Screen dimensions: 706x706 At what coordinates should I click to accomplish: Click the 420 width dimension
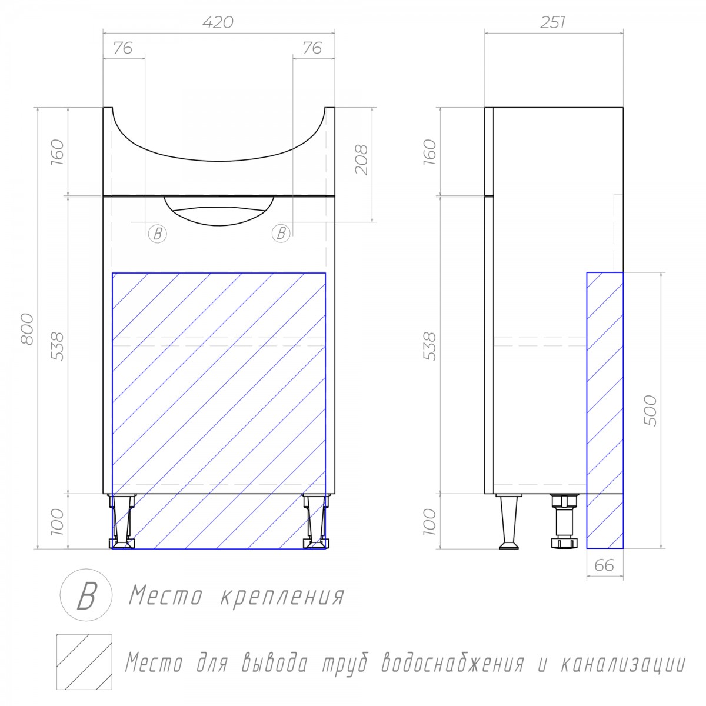(x=218, y=22)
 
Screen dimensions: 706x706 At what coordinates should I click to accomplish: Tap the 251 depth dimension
(x=552, y=22)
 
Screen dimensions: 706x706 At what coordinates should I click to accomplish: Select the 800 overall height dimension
(x=27, y=329)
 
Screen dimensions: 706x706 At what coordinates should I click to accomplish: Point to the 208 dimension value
(x=361, y=160)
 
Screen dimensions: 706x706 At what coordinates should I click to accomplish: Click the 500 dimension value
(x=650, y=411)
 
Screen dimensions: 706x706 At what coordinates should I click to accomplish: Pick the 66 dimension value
(x=604, y=565)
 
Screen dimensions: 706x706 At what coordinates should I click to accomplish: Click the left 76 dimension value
(x=123, y=48)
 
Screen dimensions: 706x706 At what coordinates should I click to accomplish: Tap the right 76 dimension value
(x=312, y=48)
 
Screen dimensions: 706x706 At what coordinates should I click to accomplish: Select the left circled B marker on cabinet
(x=158, y=234)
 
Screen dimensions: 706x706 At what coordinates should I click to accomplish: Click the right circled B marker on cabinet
(x=281, y=234)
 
